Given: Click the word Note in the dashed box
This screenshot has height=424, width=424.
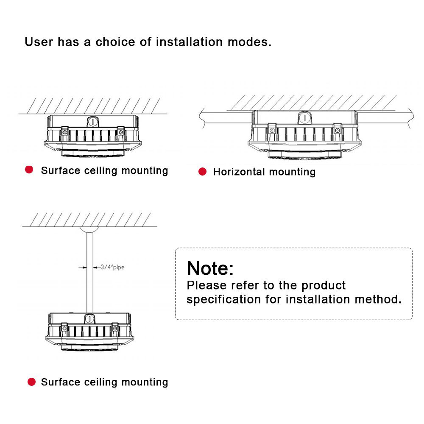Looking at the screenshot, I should click(x=207, y=268).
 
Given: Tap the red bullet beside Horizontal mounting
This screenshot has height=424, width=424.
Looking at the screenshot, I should click(x=203, y=171).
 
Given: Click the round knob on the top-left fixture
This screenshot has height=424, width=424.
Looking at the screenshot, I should click(x=93, y=121).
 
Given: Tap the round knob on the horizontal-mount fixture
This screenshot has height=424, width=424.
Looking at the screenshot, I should click(x=304, y=117).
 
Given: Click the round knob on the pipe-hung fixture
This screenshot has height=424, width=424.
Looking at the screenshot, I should click(x=89, y=318).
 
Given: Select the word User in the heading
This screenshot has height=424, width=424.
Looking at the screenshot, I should click(x=39, y=42).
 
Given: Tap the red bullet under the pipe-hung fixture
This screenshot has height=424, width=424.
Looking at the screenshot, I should click(x=31, y=382).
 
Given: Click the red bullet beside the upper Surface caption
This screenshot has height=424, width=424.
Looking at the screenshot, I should click(x=29, y=170).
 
